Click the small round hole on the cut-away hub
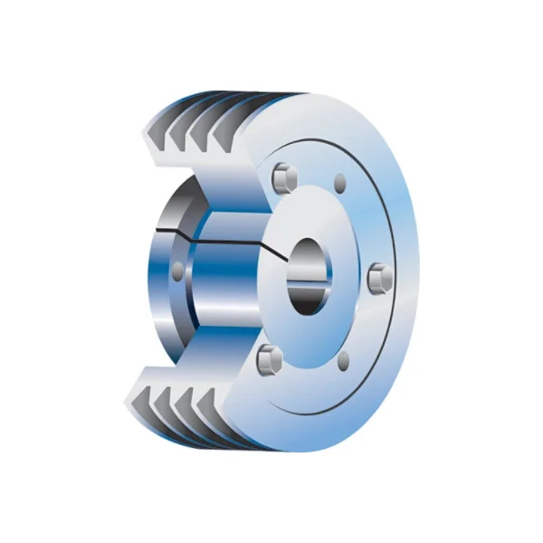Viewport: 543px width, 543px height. coord(177,269)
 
